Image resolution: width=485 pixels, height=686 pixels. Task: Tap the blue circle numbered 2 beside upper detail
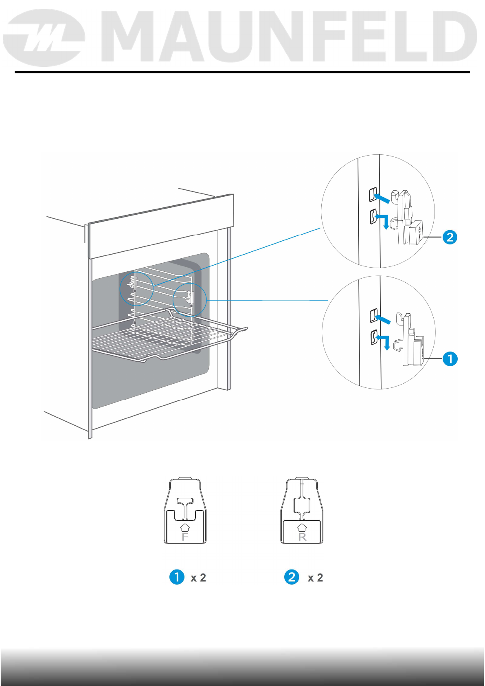coord(450,237)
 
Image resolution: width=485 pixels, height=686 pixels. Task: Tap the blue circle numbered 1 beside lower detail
coord(450,359)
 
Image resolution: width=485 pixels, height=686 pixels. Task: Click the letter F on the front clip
coord(185,537)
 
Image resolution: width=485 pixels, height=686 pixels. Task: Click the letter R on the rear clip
coord(302,537)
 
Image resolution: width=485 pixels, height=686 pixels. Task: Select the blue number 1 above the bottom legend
coord(177,577)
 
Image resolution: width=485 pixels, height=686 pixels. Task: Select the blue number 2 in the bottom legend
coord(292,577)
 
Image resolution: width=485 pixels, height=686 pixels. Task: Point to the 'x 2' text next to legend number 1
coord(198,578)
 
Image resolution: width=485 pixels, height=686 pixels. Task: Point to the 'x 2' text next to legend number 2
coord(315,578)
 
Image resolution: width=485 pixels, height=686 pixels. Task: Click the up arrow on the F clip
coord(185,528)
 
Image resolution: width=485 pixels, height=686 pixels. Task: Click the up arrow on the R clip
coord(302,528)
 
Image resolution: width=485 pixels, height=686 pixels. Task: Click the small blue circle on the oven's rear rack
coord(136,288)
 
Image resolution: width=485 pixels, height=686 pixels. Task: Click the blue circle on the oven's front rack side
coord(190,301)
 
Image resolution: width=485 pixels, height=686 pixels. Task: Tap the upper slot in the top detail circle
coord(372,195)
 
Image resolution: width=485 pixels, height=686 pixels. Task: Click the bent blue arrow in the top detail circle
coord(383,220)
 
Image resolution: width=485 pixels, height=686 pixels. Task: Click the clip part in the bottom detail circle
coord(411,340)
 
